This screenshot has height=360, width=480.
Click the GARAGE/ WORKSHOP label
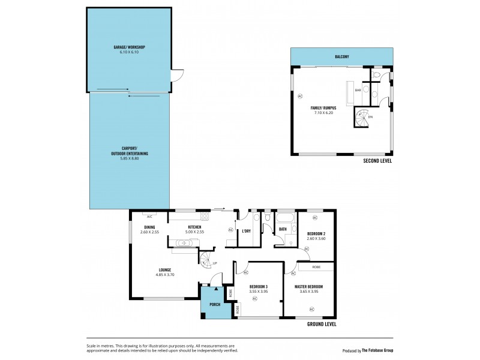click(x=129, y=47)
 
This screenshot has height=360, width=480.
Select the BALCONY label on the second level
click(x=342, y=57)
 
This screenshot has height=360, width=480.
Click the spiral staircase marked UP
click(x=206, y=259)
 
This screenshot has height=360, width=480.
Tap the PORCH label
click(x=214, y=305)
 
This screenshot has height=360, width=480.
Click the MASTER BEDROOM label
click(x=309, y=287)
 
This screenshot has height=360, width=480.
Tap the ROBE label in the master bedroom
click(x=316, y=266)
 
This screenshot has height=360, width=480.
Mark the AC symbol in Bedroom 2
click(x=306, y=248)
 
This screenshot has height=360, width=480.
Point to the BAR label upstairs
click(x=358, y=90)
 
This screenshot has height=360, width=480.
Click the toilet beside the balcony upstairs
click(x=376, y=75)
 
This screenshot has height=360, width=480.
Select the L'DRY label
click(x=246, y=231)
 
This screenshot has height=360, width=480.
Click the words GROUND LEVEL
click(x=321, y=324)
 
